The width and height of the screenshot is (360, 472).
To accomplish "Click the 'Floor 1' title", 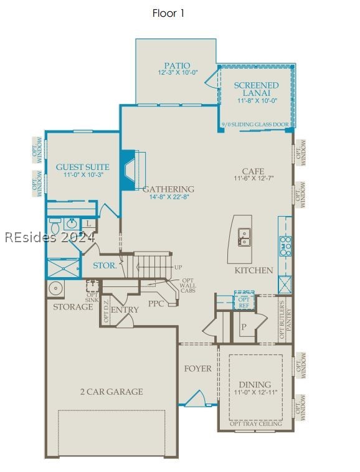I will (168, 13).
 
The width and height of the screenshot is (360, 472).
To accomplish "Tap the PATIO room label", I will (177, 65).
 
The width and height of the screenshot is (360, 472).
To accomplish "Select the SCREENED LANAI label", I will (256, 88).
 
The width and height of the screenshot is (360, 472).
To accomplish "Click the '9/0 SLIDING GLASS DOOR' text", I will (255, 125).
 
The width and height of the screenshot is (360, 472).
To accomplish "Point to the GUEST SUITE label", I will (83, 167).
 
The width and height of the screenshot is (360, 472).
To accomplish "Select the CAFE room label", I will (253, 171).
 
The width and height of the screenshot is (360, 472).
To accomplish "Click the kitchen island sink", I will (245, 235).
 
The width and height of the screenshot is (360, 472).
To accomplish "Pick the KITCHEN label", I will (253, 270).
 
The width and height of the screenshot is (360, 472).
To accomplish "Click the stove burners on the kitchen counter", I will (285, 246).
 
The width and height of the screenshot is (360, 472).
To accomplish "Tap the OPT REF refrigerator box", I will (244, 301).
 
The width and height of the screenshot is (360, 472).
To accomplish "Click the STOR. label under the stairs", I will (104, 266).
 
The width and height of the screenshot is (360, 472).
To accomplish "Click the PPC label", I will (156, 304).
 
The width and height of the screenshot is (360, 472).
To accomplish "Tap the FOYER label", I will (197, 369).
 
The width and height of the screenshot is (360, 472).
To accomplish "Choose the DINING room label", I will (255, 384).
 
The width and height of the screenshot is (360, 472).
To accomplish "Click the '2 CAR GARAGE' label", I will (111, 392).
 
